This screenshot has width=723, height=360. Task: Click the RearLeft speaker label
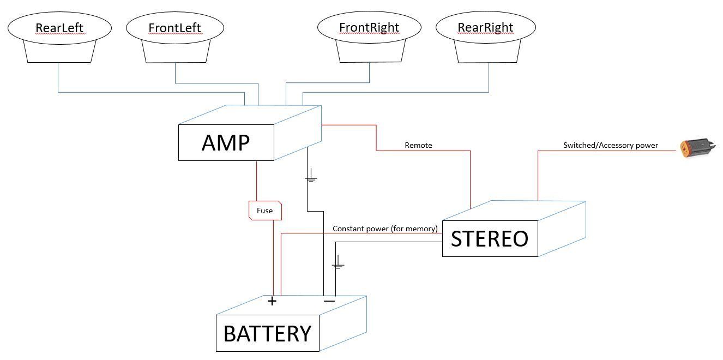[59, 27]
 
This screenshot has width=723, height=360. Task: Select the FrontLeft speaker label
[174, 27]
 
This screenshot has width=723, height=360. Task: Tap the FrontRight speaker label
[369, 27]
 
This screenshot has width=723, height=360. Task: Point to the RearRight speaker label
[486, 27]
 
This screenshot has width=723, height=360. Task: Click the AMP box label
[226, 143]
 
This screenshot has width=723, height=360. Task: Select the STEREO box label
[490, 239]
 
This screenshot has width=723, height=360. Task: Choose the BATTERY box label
[267, 333]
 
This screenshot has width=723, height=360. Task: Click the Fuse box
[265, 211]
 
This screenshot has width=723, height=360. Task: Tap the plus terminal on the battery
[272, 301]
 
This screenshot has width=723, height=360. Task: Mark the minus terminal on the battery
[329, 301]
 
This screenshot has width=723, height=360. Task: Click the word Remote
[418, 145]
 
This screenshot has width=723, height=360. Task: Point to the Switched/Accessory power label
[611, 145]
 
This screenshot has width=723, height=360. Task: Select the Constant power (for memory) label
[385, 229]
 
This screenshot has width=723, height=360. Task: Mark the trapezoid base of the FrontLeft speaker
[176, 52]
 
